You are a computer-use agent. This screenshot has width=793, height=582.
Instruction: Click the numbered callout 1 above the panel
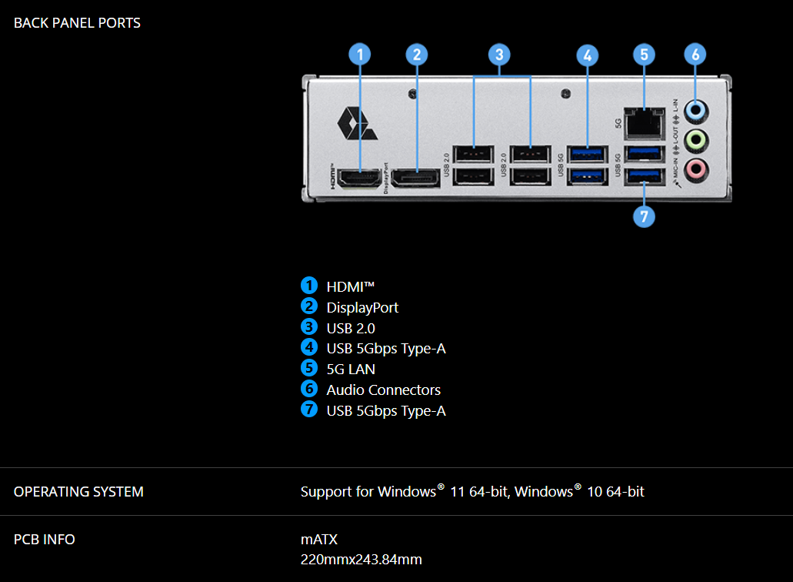point(359,54)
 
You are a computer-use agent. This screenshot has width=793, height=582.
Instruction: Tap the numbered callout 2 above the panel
point(416,54)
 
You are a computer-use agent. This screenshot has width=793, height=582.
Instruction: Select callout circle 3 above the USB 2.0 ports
point(499,54)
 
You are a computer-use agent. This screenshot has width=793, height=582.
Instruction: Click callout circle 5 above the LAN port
point(644,54)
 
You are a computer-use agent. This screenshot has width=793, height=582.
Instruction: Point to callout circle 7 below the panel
point(644,216)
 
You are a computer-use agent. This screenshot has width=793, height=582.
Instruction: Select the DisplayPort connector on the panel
point(415,178)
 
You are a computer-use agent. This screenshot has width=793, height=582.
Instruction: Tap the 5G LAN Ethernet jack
point(644,120)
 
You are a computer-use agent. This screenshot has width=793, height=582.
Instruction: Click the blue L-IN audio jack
point(695,111)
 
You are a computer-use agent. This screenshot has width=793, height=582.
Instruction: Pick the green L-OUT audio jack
point(695,139)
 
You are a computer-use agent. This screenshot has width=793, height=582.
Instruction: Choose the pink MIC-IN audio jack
point(695,168)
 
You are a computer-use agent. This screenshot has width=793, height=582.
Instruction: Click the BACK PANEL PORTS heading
point(77,23)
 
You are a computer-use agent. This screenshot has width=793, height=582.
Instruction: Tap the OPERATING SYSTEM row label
point(78,491)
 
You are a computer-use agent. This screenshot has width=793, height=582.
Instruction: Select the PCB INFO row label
point(45,539)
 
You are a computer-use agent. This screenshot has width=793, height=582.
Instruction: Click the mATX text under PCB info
point(319,539)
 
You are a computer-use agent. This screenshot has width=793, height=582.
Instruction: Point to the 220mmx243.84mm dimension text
point(361,560)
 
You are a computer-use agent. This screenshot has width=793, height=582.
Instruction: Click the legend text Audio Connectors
point(383,390)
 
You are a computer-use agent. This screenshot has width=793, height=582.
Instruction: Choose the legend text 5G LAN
point(351,369)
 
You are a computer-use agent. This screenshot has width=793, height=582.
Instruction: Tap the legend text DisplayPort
point(362,307)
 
